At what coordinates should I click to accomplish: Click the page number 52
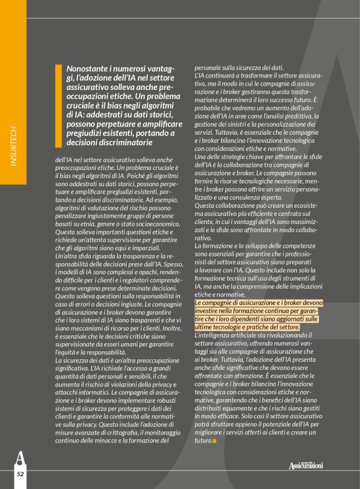pos(20,473)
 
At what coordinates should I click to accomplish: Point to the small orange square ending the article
pos(214,441)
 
